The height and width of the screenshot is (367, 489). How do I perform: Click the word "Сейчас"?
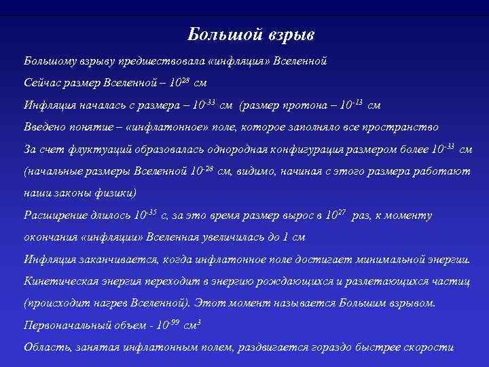tap(42, 84)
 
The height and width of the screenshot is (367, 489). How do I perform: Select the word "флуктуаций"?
tap(84, 149)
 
